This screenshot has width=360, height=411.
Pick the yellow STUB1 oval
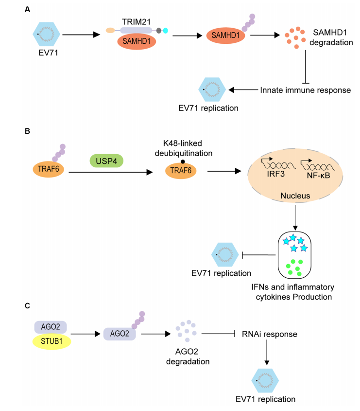52,341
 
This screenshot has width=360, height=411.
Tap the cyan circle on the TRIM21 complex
165,31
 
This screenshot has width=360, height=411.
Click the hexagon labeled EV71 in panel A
47,34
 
